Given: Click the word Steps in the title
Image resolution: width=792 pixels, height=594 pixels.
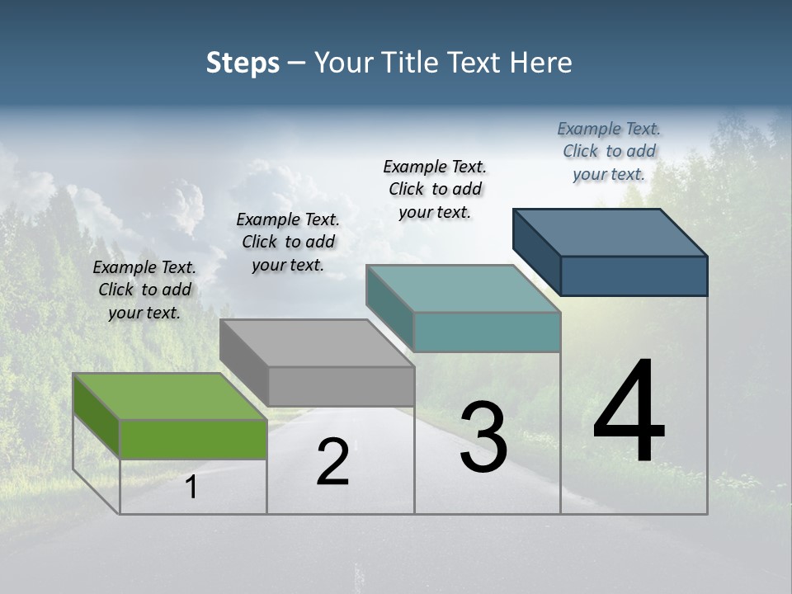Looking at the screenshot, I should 243,63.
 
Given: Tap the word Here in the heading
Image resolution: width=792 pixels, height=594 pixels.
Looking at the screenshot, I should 540,63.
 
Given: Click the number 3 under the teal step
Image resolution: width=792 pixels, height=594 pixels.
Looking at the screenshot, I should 483,437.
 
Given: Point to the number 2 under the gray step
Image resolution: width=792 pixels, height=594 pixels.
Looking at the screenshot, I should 332,462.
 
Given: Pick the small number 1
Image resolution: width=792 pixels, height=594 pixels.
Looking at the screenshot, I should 191,488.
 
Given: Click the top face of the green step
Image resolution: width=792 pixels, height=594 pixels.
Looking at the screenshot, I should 169,396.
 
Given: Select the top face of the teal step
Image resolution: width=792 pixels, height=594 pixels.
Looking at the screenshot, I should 463,289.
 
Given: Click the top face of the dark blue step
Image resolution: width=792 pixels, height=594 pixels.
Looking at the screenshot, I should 610,233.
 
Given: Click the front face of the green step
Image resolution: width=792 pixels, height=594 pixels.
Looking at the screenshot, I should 193,439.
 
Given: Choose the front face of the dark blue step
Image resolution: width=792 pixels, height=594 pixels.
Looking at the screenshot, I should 634,276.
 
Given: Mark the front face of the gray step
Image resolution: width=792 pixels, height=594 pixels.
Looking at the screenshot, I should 341,386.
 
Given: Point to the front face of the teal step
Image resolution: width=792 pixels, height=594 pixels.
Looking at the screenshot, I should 487,332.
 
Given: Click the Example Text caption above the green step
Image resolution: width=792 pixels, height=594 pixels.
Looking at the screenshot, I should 144,290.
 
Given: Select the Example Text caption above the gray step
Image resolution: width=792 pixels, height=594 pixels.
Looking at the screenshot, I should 288,242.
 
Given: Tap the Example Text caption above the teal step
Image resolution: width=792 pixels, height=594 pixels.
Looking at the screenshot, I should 435,189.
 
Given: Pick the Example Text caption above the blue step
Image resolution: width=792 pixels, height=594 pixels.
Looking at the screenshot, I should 609,151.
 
